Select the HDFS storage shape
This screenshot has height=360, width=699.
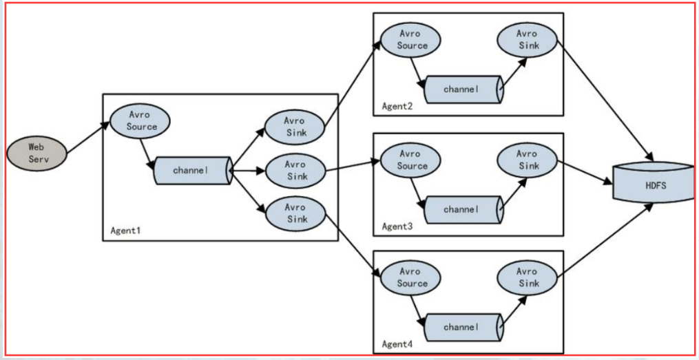[x=654, y=182]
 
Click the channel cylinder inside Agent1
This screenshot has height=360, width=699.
[x=193, y=170]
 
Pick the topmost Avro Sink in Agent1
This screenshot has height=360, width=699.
[x=294, y=127]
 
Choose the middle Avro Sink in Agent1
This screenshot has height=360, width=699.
[x=295, y=171]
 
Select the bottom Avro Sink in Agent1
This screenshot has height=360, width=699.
[x=295, y=213]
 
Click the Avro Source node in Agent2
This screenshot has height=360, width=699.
[x=410, y=40]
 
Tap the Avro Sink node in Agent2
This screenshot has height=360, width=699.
[x=528, y=40]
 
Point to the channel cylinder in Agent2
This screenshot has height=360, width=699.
[x=463, y=89]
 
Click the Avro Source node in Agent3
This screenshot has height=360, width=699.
[x=410, y=160]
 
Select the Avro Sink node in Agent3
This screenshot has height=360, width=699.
[x=528, y=160]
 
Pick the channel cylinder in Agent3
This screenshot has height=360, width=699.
[x=463, y=209]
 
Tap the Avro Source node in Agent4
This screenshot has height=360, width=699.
[x=410, y=277]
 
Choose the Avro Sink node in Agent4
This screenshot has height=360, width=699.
[x=528, y=277]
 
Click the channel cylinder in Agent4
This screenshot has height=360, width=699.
[x=463, y=327]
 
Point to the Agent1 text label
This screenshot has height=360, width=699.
[x=126, y=231]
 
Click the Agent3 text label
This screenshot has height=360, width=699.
[x=397, y=226]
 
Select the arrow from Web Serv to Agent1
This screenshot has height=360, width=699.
[x=88, y=137]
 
